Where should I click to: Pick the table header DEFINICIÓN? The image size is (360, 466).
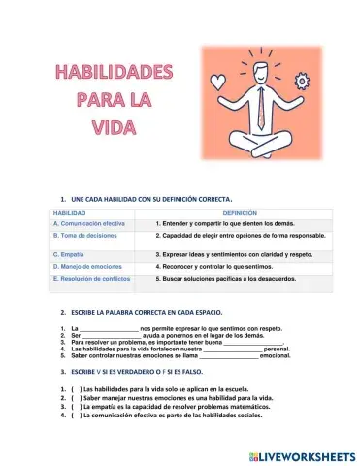click(240, 211)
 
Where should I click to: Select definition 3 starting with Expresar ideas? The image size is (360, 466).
click(232, 253)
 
